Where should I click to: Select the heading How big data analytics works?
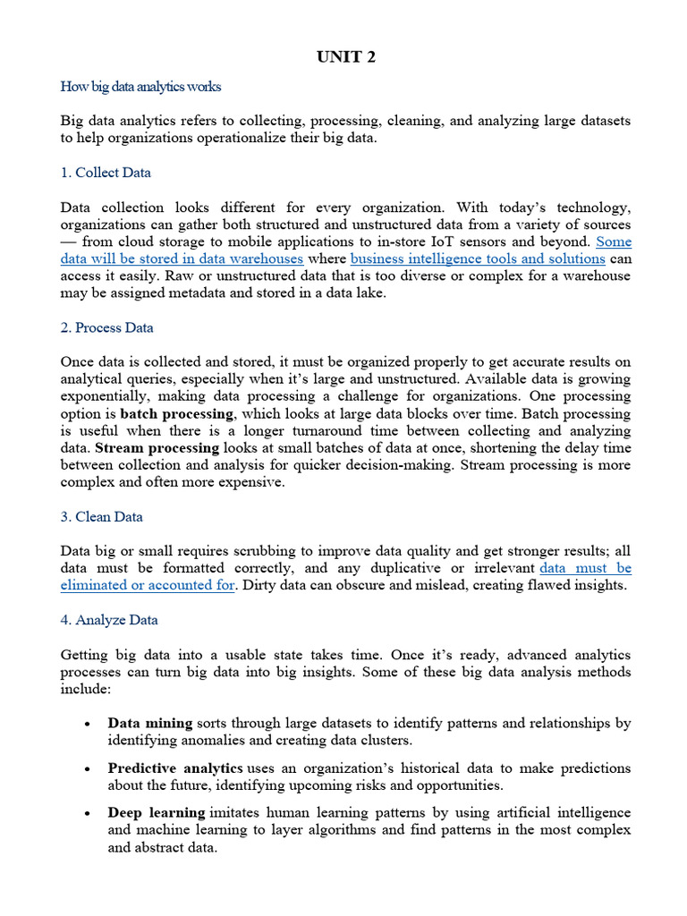pyautogui.click(x=140, y=87)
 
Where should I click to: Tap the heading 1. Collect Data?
pyautogui.click(x=106, y=173)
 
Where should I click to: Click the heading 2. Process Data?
pyautogui.click(x=106, y=327)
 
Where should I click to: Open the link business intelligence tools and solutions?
pyautogui.click(x=478, y=259)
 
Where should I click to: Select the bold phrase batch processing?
pyautogui.click(x=177, y=413)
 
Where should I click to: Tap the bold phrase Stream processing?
pyautogui.click(x=157, y=447)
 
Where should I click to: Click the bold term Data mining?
pyautogui.click(x=150, y=723)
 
